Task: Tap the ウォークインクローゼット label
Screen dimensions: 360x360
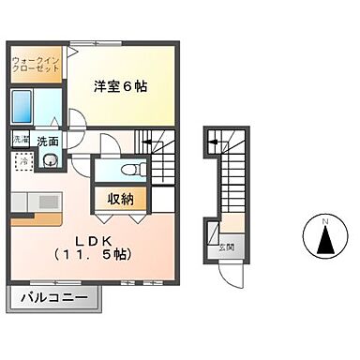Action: click(35, 67)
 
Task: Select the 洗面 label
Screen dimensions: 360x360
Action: click(49, 142)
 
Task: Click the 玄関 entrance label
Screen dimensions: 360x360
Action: click(227, 247)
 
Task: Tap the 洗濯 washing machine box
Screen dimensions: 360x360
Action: click(21, 140)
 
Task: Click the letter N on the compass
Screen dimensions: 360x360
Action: click(326, 220)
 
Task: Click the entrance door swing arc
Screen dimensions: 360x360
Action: click(231, 272)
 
